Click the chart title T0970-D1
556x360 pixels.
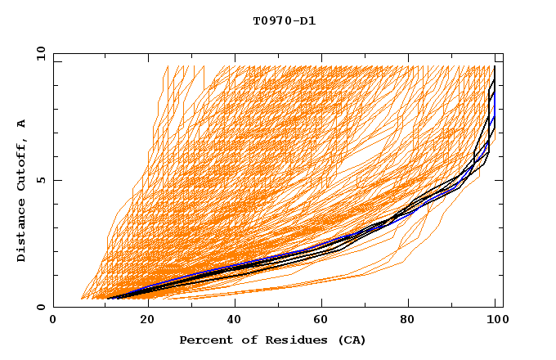(x=284, y=21)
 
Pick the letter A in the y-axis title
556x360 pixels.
(x=21, y=123)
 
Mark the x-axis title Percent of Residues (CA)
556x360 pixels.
(x=272, y=340)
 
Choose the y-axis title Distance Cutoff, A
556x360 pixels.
(x=21, y=191)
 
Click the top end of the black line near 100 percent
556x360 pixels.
(x=495, y=67)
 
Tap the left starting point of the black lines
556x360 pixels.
(x=109, y=298)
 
